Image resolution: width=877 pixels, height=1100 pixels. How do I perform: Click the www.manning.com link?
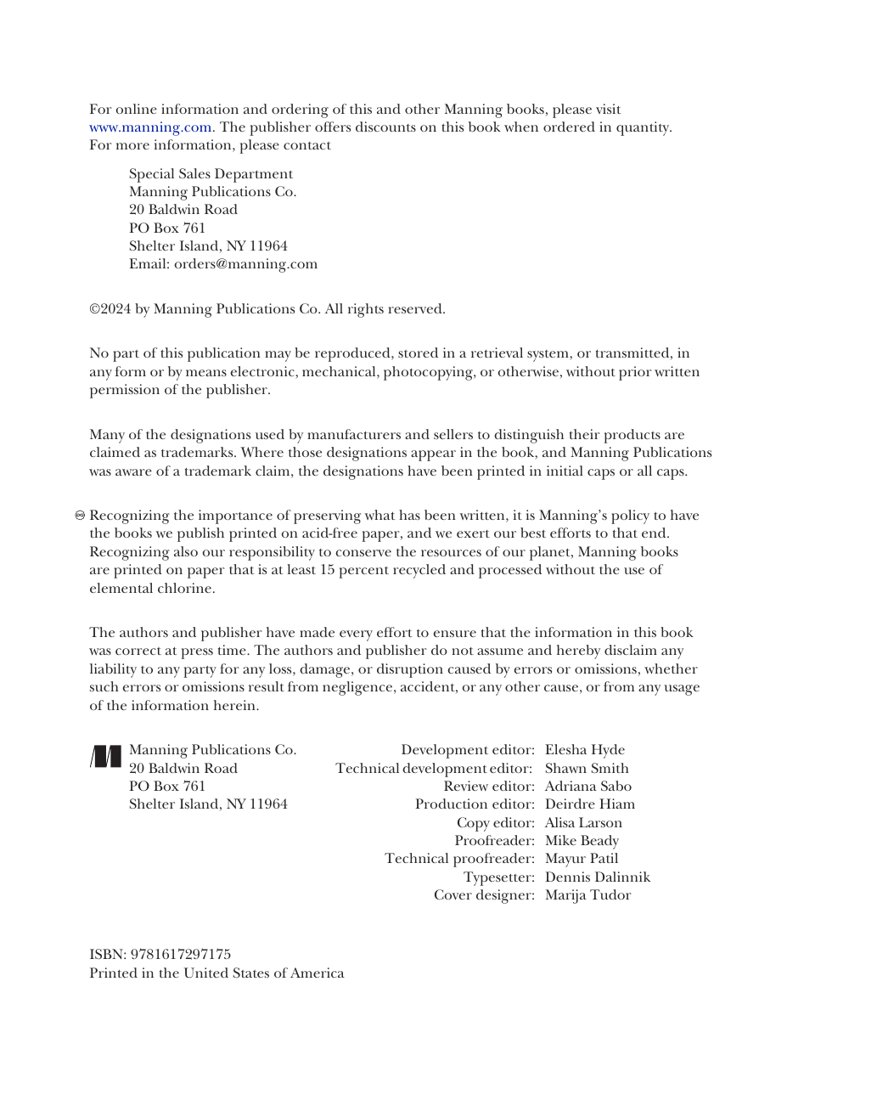coord(150,127)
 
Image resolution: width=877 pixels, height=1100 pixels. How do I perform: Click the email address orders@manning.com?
coord(245,264)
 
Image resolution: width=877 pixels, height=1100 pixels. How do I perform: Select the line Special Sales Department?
coord(211,174)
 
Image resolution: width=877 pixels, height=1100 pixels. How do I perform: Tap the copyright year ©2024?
coord(110,309)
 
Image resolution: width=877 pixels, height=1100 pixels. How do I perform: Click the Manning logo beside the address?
coord(106,756)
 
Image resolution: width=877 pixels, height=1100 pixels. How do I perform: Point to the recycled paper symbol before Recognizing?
coord(80,516)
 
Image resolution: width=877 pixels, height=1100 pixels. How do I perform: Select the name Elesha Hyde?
coord(584,750)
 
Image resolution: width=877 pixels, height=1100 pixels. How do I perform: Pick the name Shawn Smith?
coord(587,769)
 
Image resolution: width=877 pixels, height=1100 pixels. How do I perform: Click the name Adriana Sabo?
coord(587,787)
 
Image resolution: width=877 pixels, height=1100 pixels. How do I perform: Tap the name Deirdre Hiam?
coord(589,804)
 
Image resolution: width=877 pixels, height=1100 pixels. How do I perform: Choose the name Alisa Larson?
coord(583,823)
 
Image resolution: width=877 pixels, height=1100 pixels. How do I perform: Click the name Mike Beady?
coord(582,841)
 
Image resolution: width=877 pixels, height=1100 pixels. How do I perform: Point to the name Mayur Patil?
coord(582,859)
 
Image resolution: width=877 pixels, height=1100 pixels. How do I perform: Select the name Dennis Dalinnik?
coord(597,877)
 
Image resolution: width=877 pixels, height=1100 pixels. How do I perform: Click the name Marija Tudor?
coord(587,895)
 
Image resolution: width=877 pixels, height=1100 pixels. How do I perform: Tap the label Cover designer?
coord(484,895)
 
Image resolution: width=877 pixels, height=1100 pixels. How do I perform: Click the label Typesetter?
coord(498,877)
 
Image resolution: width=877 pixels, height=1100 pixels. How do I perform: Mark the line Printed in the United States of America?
coord(216,973)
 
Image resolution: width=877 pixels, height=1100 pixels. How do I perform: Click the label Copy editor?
coord(495,823)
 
